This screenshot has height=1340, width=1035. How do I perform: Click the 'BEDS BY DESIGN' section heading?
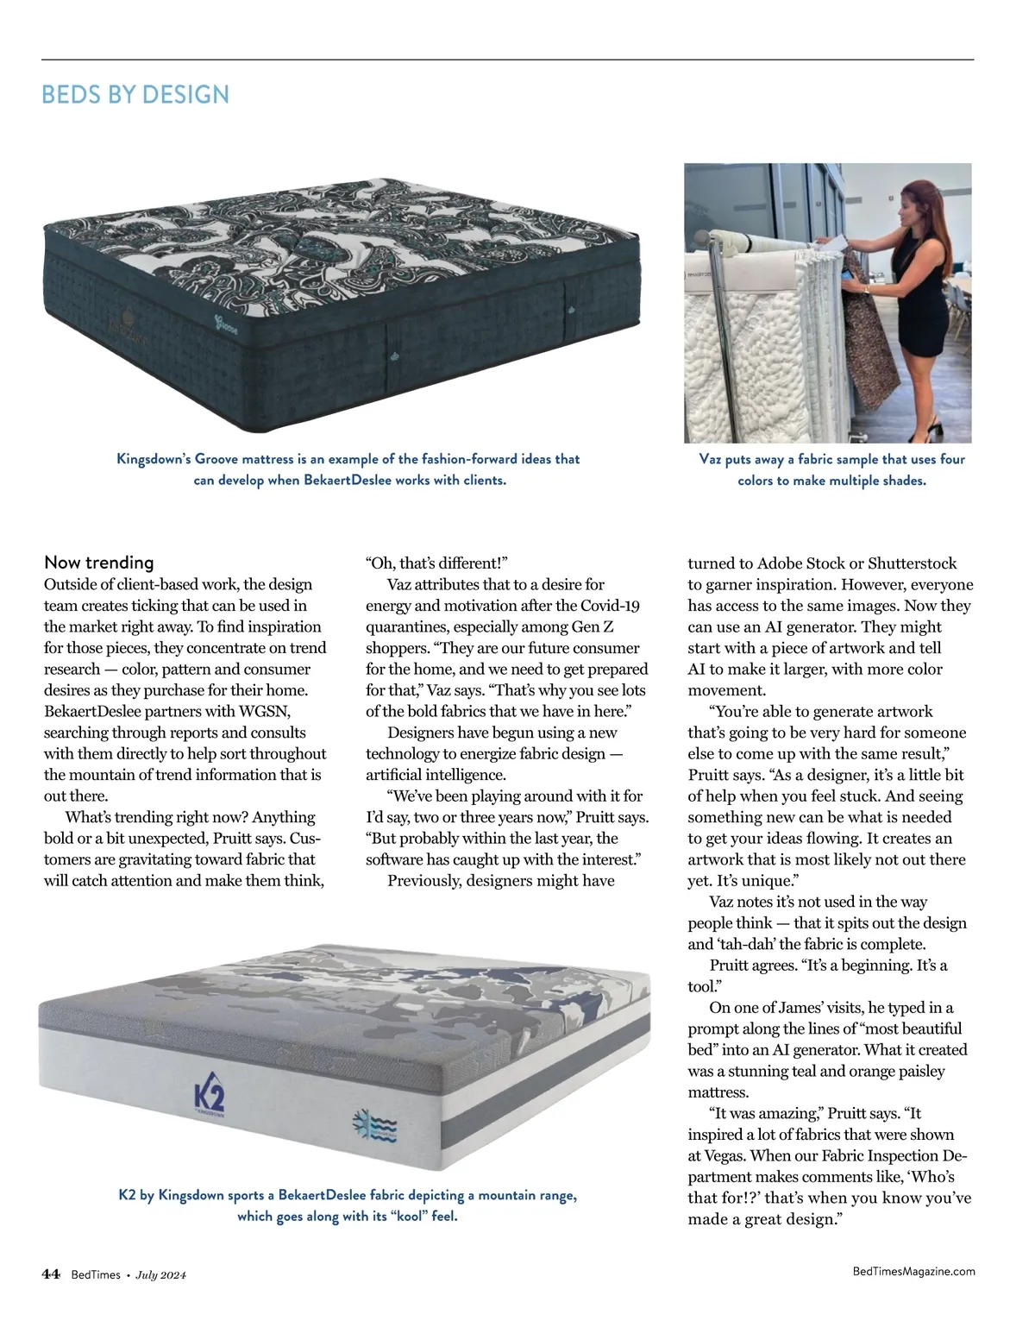coord(135,95)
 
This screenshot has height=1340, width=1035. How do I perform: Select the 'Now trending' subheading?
coord(98,563)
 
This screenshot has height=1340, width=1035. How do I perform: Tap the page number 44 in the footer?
coord(51,1274)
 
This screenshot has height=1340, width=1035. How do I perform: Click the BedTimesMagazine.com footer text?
coord(913,1271)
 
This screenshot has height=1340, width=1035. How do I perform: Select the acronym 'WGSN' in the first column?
coord(267,711)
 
